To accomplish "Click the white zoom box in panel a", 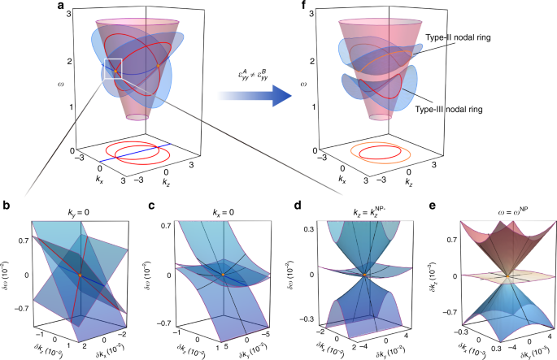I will coord(113,70).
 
